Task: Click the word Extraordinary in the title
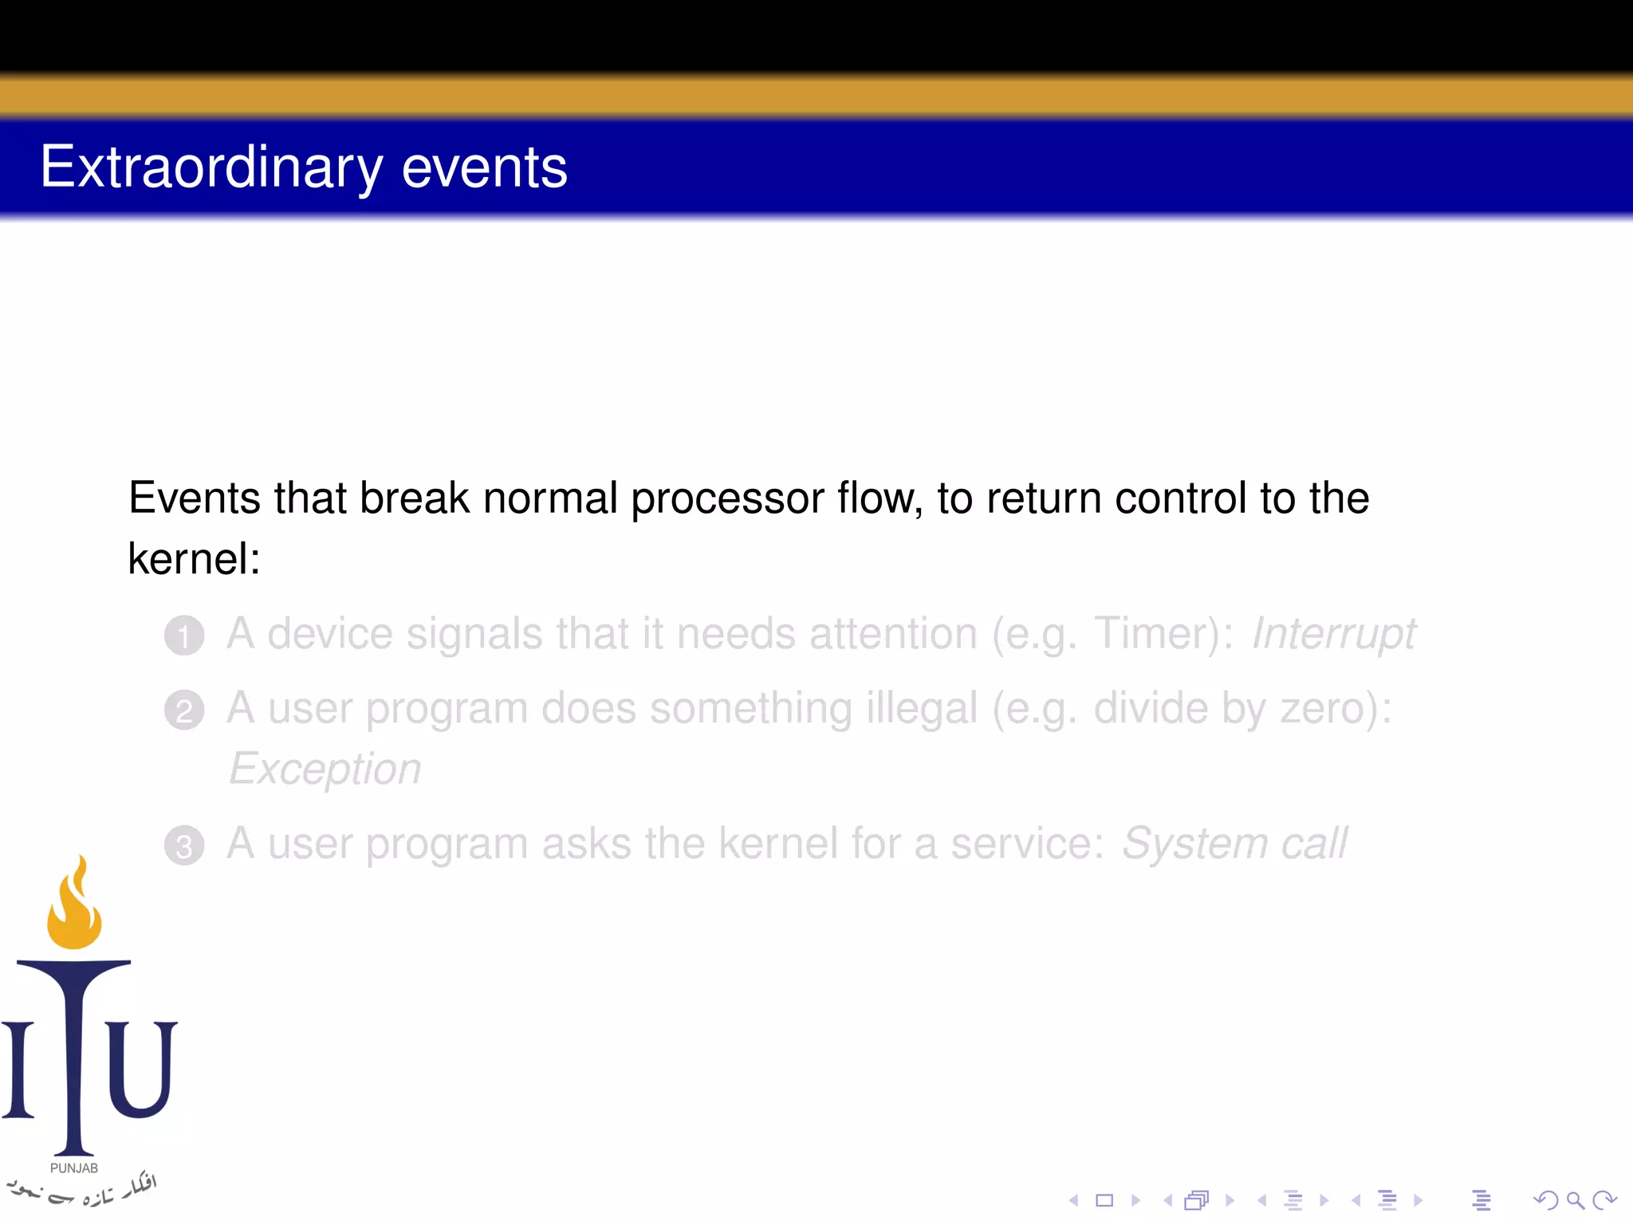[211, 167]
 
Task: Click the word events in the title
[484, 167]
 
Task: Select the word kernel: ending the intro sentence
[194, 558]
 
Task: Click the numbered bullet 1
[184, 636]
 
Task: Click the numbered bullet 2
[184, 710]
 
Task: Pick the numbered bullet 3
[184, 845]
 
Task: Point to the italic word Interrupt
[1333, 635]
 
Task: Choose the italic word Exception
[325, 769]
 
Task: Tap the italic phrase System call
[1234, 844]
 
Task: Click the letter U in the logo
[142, 1069]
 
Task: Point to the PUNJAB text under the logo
[74, 1168]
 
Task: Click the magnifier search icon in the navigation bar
[1575, 1200]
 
